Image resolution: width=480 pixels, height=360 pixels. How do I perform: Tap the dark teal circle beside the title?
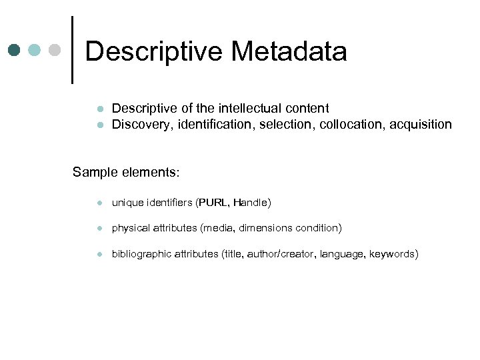15,50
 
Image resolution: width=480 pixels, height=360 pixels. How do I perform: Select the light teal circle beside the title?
35,50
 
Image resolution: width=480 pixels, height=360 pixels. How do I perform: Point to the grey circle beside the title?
55,50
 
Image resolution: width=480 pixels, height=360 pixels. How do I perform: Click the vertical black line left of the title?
71,50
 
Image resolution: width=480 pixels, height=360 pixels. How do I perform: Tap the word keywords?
393,254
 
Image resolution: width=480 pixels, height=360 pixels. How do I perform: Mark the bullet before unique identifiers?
98,203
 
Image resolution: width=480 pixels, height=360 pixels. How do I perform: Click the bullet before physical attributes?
98,229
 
